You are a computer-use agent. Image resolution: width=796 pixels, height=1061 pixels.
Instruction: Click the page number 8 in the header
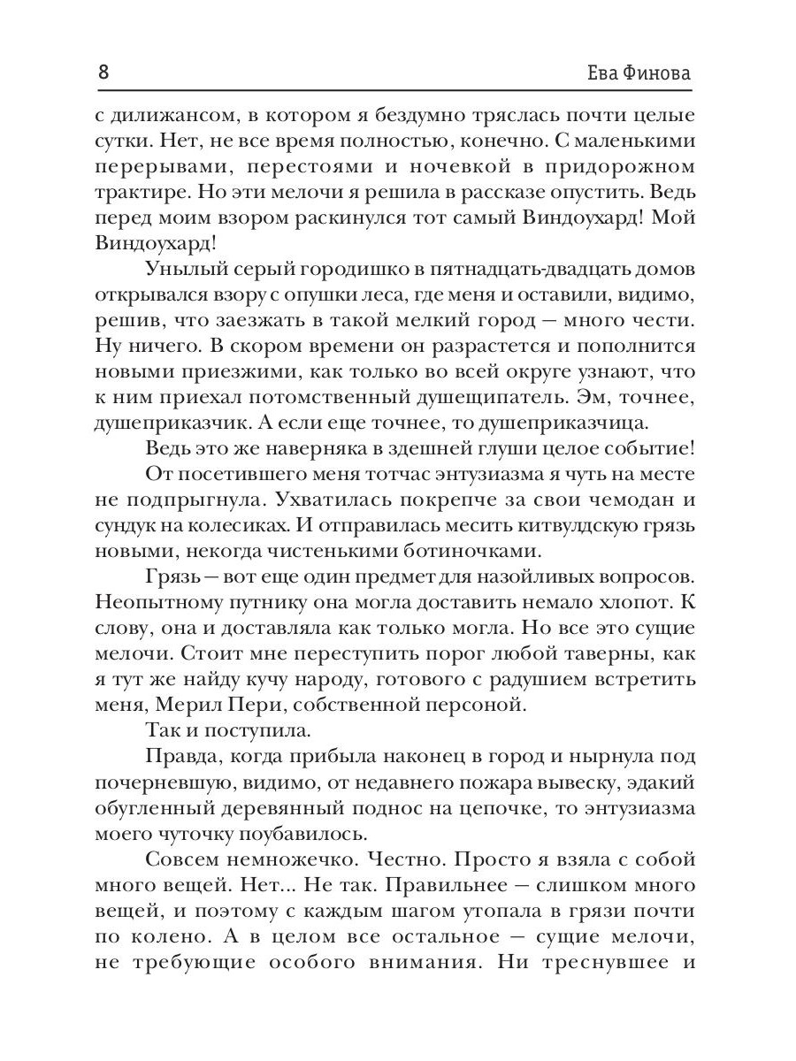click(103, 73)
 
